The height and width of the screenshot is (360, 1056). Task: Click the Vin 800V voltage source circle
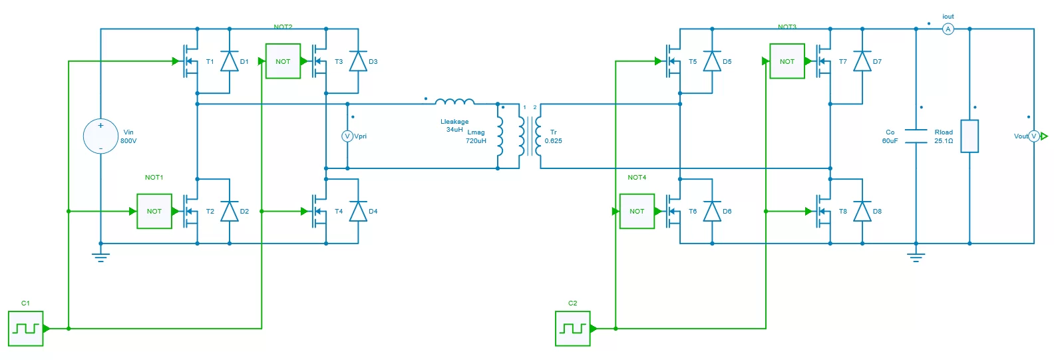coord(100,136)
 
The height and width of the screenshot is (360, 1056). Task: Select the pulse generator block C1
coord(26,328)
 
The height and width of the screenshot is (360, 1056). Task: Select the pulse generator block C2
coord(573,328)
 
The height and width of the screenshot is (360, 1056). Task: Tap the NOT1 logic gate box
coord(154,211)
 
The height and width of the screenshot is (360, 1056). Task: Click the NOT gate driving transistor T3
coord(283,61)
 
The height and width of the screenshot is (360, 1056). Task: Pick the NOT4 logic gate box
coord(637,211)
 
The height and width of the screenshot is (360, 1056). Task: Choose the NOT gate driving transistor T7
coord(787,61)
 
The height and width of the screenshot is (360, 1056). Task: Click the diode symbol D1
coord(230,61)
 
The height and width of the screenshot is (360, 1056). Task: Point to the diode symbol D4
coord(358,211)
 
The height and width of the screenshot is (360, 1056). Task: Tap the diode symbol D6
coord(712,211)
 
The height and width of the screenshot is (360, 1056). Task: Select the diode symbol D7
coord(862,61)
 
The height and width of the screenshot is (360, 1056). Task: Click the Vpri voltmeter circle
coord(347,136)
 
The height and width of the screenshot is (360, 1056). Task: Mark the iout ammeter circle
coord(948,29)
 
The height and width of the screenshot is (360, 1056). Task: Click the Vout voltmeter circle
coord(1034,136)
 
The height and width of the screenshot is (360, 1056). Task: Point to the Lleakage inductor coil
coord(454,102)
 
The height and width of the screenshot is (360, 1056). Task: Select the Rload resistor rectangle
coord(969,136)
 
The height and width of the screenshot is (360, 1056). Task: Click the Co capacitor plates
coord(916,136)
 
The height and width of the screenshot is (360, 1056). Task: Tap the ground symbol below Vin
coord(100,257)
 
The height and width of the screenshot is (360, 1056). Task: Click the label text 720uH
coord(476,141)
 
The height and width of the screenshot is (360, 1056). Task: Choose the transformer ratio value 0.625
coord(553,141)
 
